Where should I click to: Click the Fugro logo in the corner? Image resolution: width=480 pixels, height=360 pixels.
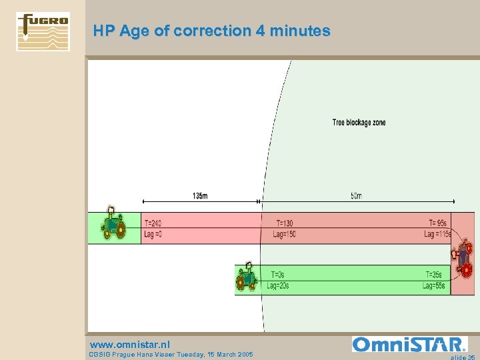point(43,31)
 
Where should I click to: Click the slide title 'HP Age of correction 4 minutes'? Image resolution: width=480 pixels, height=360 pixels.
point(211,31)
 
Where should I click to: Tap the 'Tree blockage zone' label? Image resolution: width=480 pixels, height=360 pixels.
point(359,123)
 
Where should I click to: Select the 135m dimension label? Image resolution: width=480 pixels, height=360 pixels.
point(199,195)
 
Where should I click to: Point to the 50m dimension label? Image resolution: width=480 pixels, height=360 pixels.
point(356,195)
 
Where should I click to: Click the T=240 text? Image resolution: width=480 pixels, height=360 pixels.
point(153,223)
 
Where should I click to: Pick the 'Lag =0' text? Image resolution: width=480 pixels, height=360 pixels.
point(153,235)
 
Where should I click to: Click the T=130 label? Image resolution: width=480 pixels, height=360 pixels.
point(285,223)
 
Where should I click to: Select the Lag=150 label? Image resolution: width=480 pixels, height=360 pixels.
point(285,235)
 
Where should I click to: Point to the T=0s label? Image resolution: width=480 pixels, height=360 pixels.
point(278,275)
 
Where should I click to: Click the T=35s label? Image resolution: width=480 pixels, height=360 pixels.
point(435,275)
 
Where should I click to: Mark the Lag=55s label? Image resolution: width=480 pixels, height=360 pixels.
point(433,286)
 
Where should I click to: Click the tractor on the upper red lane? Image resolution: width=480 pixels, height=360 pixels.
point(113,223)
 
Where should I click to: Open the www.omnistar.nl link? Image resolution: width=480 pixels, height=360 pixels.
point(130,345)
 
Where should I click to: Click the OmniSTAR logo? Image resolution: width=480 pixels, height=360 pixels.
point(410,344)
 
